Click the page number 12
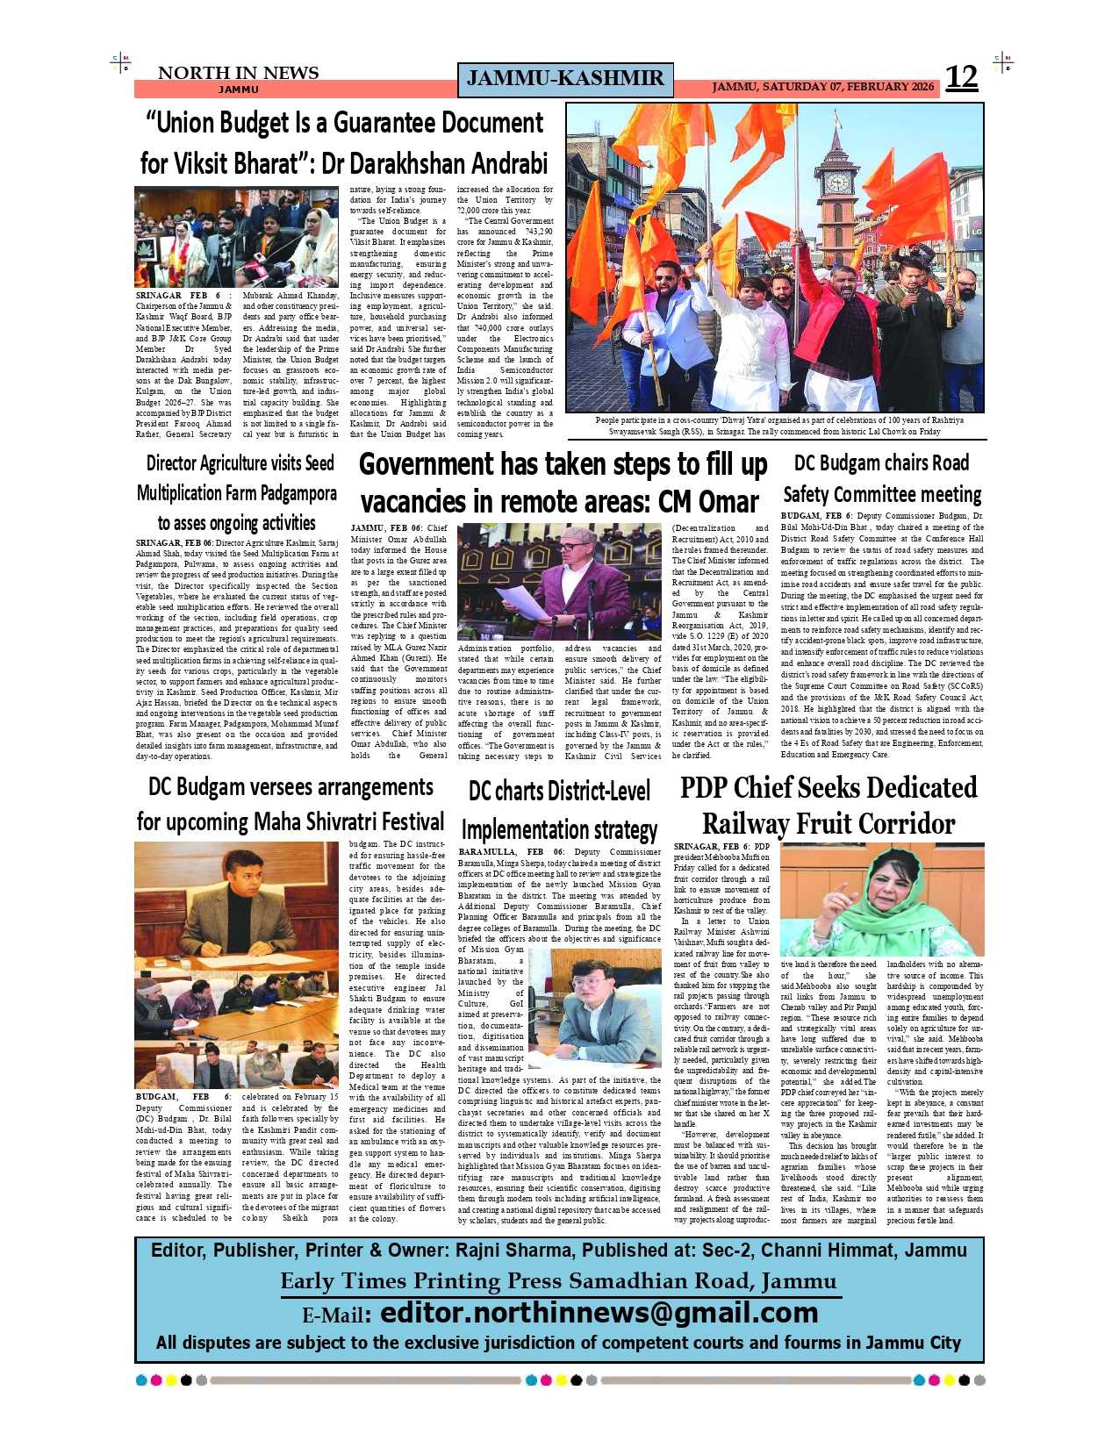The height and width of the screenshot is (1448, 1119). pos(961,78)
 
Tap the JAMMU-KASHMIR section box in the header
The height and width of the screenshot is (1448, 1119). pos(565,79)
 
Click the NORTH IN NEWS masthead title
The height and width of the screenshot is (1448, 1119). pos(238,73)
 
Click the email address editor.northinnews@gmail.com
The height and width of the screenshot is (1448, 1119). pos(599,1313)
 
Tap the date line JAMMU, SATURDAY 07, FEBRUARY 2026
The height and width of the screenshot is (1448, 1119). pos(822,87)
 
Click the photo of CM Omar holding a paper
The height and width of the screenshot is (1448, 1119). pos(561,581)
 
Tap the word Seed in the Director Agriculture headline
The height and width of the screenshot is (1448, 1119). pos(319,463)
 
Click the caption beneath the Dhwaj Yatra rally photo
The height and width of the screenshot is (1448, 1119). pos(775,426)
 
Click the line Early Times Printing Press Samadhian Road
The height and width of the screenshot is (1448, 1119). pos(559,1281)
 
